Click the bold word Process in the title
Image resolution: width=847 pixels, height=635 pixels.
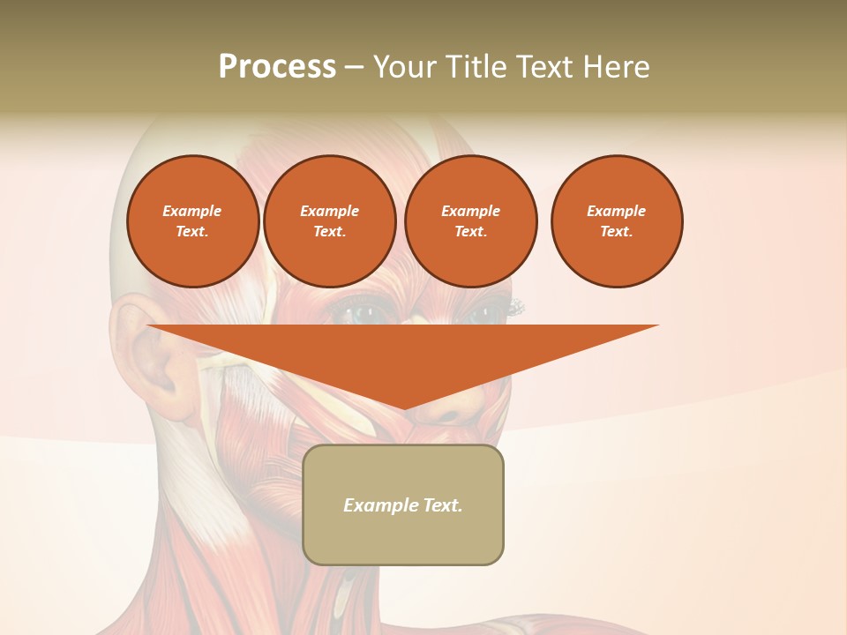click(277, 67)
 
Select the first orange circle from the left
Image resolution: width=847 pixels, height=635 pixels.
click(192, 221)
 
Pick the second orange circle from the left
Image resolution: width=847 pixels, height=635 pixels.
click(329, 221)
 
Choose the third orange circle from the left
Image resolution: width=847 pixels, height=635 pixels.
click(470, 221)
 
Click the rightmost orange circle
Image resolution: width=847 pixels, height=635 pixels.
click(616, 221)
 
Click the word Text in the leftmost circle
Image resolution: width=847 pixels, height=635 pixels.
click(191, 232)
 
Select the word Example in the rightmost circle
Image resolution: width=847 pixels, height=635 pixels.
click(616, 211)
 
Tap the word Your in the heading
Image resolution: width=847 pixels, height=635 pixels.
click(403, 67)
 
